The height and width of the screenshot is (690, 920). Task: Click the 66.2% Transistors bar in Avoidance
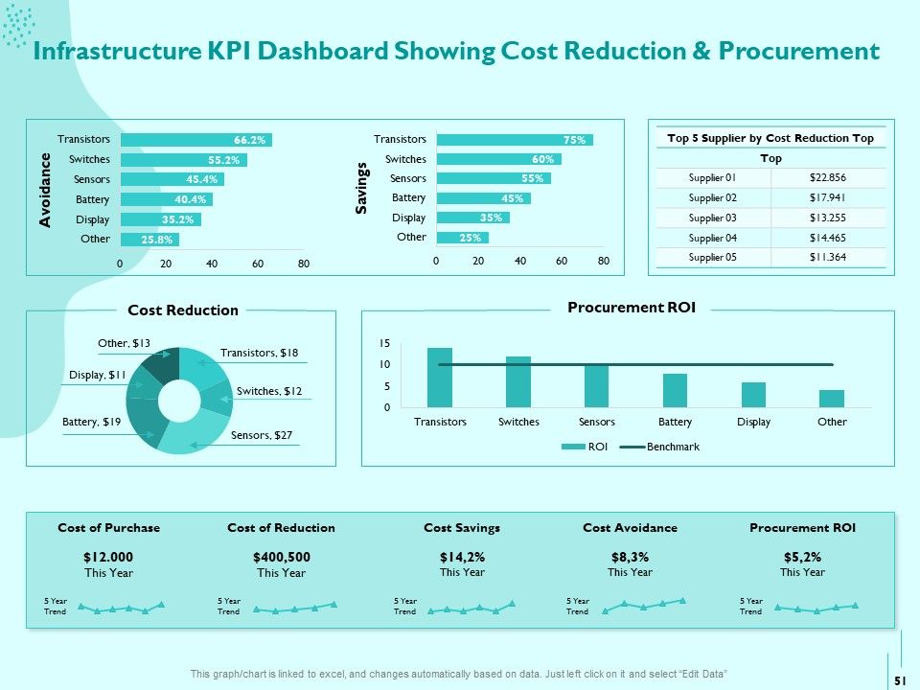click(x=195, y=140)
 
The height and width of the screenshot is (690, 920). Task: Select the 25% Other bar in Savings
click(x=462, y=238)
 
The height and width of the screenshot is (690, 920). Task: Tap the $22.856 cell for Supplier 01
click(x=827, y=177)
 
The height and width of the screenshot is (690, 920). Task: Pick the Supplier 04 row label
click(x=712, y=238)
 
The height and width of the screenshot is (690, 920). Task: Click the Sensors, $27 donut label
click(x=261, y=435)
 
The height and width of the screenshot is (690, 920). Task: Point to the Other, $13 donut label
click(x=124, y=343)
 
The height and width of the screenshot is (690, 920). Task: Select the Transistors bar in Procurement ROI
click(x=440, y=378)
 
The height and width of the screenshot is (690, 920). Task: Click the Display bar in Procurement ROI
click(x=753, y=394)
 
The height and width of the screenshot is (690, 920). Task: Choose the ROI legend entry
click(x=585, y=447)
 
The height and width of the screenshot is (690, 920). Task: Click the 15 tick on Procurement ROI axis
click(x=384, y=343)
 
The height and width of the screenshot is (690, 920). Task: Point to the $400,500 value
click(x=282, y=557)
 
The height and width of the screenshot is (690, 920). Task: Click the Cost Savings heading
click(x=462, y=527)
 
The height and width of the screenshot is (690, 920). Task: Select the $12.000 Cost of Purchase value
click(x=108, y=557)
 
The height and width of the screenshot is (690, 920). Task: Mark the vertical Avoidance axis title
click(x=45, y=190)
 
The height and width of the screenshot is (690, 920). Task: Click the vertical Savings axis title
click(x=361, y=188)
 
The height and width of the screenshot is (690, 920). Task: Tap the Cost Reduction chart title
click(x=183, y=310)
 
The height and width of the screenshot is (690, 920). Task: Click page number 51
click(x=901, y=680)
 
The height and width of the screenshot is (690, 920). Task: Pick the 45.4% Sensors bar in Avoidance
click(x=172, y=179)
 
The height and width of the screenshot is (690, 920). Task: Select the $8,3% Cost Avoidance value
click(x=630, y=557)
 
